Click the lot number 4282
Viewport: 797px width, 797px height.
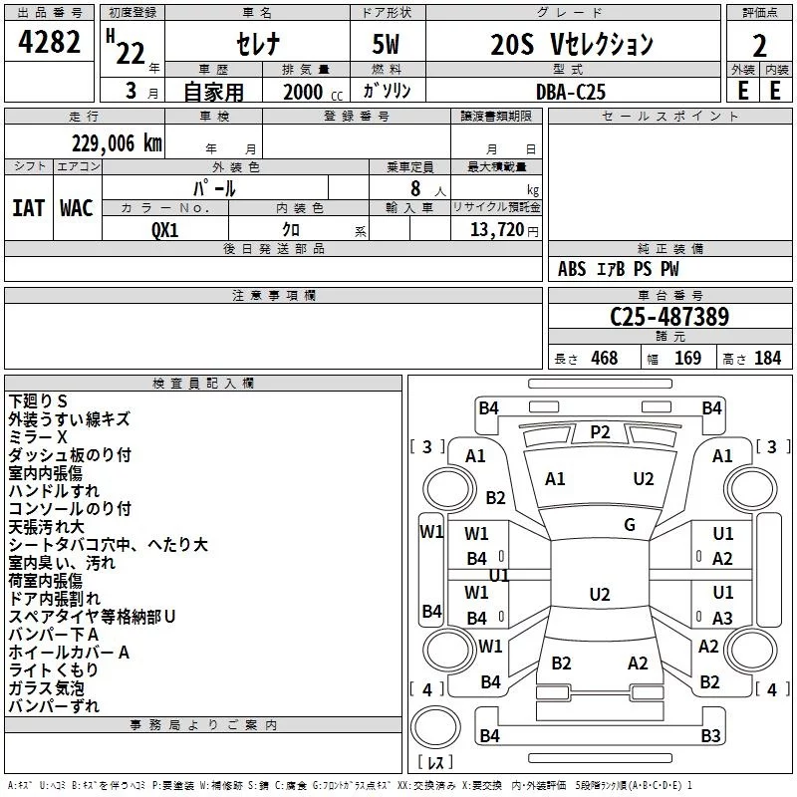(50, 44)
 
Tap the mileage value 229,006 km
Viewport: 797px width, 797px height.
(117, 143)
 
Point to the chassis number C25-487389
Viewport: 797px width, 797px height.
(669, 317)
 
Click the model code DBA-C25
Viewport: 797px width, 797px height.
(570, 91)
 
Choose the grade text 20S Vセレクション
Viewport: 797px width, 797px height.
(572, 45)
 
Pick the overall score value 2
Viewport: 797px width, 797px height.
(759, 45)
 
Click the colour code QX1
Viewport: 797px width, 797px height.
(165, 229)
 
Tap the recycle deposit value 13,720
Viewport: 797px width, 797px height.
(497, 229)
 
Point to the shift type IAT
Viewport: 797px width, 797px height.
(28, 207)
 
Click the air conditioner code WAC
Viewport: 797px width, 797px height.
(76, 207)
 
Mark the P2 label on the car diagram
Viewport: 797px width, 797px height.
(600, 431)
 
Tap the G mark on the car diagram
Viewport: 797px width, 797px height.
(630, 525)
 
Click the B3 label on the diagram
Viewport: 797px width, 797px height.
(710, 736)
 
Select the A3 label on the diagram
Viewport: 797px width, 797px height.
(723, 618)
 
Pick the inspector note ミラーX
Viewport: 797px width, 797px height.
(38, 437)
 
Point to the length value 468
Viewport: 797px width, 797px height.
(604, 358)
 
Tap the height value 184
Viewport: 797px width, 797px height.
(767, 358)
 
